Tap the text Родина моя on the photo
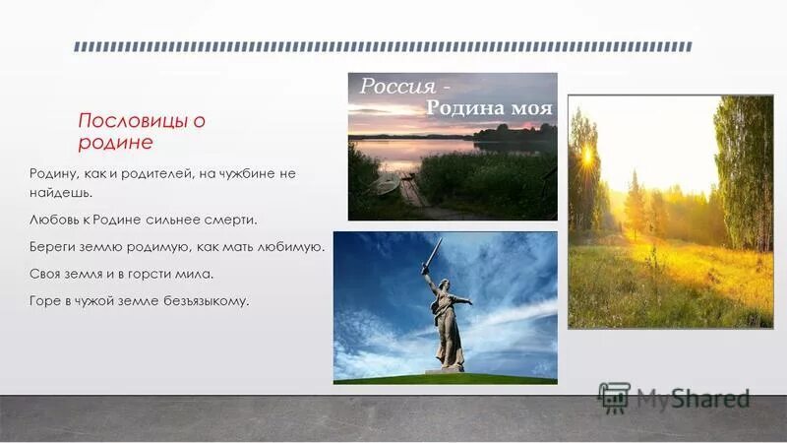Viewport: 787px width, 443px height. pyautogui.click(x=488, y=107)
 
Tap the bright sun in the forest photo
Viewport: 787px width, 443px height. pyautogui.click(x=587, y=156)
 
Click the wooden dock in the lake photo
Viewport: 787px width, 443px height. pyautogui.click(x=412, y=194)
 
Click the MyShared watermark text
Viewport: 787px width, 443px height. pyautogui.click(x=693, y=399)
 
